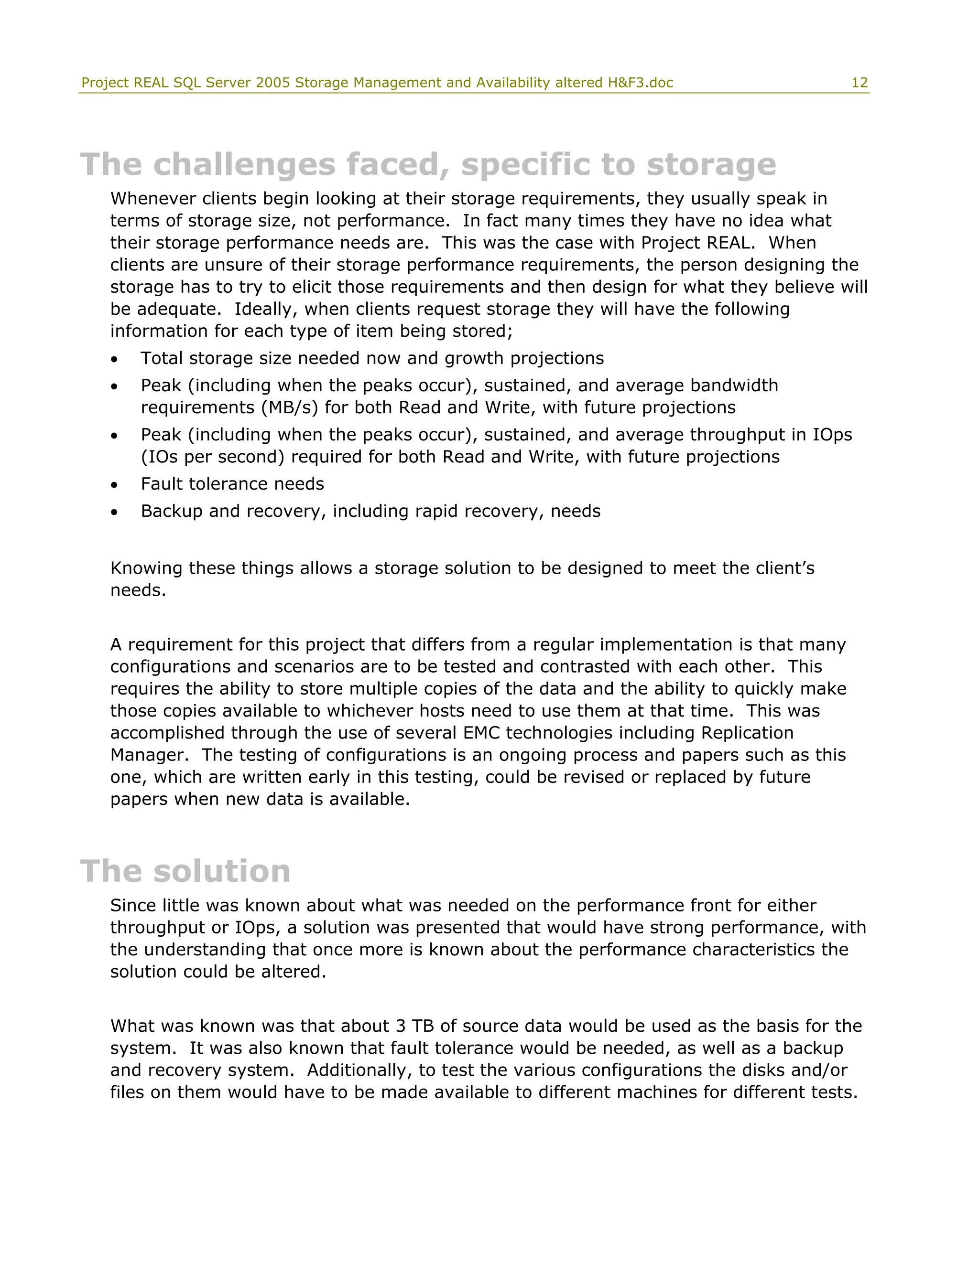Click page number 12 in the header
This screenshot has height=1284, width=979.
point(859,83)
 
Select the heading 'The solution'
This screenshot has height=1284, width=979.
point(185,871)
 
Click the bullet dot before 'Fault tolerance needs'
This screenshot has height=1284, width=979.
point(114,485)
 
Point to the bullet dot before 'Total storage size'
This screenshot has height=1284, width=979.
point(114,359)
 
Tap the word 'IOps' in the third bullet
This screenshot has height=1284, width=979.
point(832,435)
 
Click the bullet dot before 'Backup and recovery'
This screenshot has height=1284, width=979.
point(114,513)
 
